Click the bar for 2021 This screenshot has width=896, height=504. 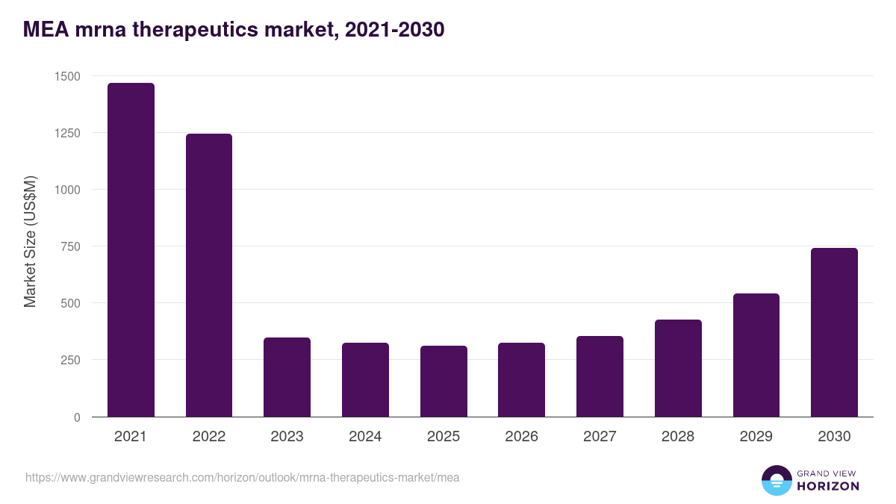[131, 250]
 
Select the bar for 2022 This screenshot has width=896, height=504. [209, 276]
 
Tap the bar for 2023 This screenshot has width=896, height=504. [287, 377]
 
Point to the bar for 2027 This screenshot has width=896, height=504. [600, 376]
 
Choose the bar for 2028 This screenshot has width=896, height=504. [678, 368]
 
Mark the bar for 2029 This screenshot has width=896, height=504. [756, 355]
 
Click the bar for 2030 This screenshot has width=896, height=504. [834, 332]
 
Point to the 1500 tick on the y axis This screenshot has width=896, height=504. [67, 76]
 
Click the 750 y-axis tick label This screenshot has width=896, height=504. [70, 246]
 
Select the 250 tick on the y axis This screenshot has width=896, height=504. [70, 360]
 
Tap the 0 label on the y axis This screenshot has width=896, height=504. [77, 417]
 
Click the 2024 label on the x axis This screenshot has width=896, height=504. [365, 437]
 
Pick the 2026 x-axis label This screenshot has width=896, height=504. [521, 437]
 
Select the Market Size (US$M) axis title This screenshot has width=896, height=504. [30, 242]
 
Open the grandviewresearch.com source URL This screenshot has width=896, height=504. [242, 477]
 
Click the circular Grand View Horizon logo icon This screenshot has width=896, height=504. [777, 480]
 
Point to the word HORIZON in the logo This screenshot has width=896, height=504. [827, 486]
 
